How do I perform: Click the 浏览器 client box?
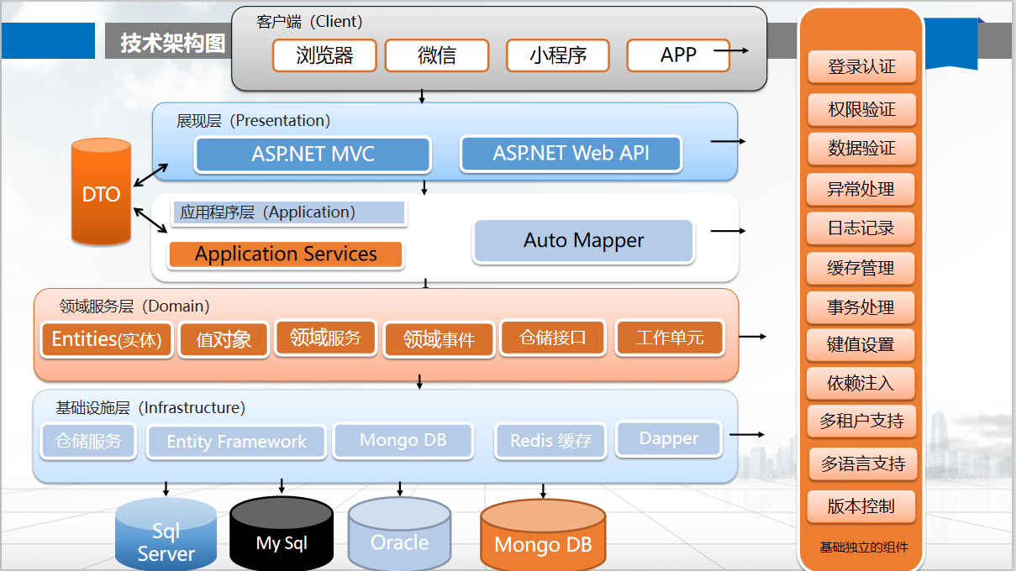coord(324,55)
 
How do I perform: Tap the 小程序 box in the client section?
coord(557,55)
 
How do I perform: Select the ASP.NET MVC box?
coord(313,154)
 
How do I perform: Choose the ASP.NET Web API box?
coord(571,153)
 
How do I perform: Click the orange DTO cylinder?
coord(101,191)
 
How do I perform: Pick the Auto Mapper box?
coord(584,241)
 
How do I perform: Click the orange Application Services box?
coord(286,254)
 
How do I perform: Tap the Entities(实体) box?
coord(107,339)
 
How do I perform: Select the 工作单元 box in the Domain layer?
coord(670,338)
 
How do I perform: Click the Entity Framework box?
coord(236,442)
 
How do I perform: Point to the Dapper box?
coord(669,438)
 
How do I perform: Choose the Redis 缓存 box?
coord(550,441)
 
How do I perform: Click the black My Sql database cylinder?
coord(282,534)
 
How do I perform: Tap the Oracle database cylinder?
coord(400,534)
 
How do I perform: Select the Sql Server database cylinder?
coord(166,535)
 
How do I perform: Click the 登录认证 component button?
coord(861,67)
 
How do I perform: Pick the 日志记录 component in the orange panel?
coord(861,228)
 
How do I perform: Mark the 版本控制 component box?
coord(861,506)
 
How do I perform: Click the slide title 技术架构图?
coord(173,44)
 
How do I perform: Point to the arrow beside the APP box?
coord(731,50)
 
